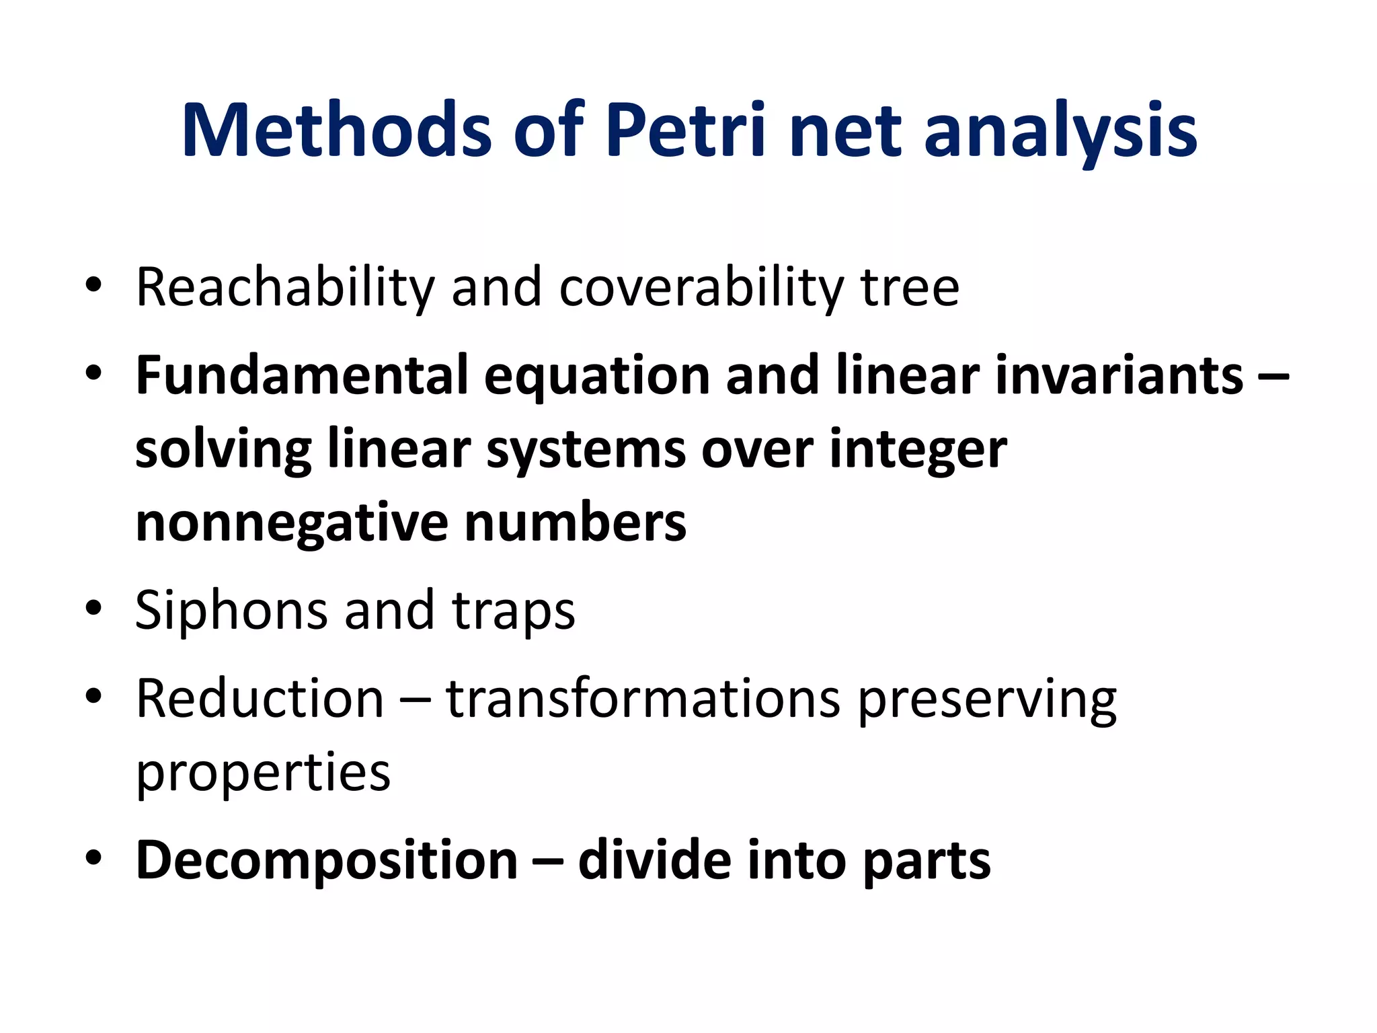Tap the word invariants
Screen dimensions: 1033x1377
click(x=1119, y=375)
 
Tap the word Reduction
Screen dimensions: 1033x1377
click(x=260, y=699)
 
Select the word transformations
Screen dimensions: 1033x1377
click(x=643, y=699)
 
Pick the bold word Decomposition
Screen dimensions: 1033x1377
click(x=327, y=861)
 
